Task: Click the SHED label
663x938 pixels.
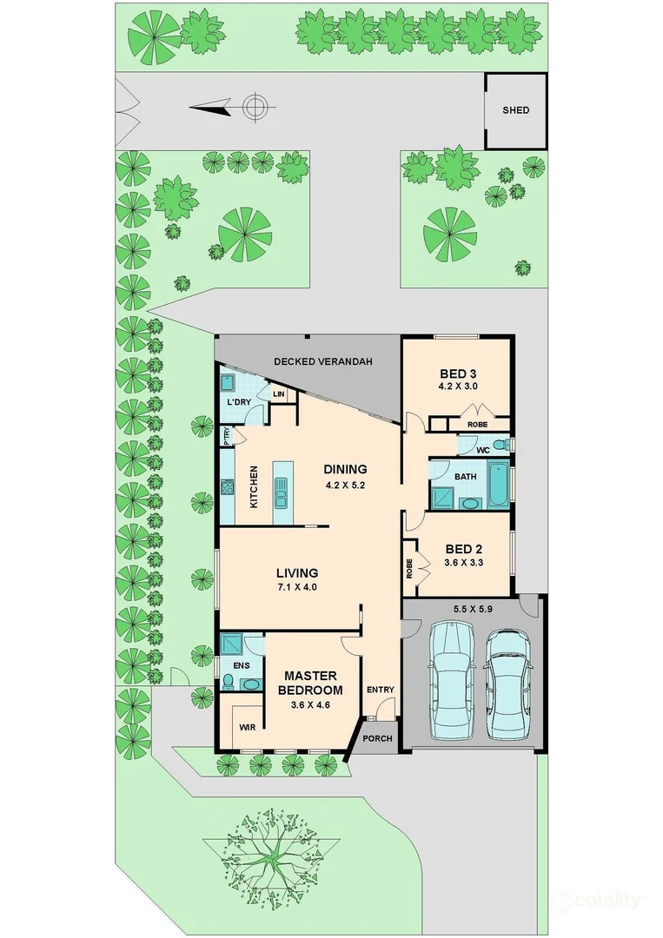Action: point(515,110)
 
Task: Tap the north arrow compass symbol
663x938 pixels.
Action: point(254,108)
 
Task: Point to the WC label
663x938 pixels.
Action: point(484,450)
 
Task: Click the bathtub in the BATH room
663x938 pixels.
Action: point(500,486)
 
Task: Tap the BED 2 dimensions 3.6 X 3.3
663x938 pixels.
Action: point(464,563)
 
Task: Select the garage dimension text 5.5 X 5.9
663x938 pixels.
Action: point(474,609)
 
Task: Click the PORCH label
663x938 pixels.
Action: point(378,739)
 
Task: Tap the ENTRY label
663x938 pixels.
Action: point(381,690)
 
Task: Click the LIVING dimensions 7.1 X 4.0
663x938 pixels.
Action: point(297,588)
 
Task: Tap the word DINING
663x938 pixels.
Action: point(345,469)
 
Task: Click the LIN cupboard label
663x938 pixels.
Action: point(279,395)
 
